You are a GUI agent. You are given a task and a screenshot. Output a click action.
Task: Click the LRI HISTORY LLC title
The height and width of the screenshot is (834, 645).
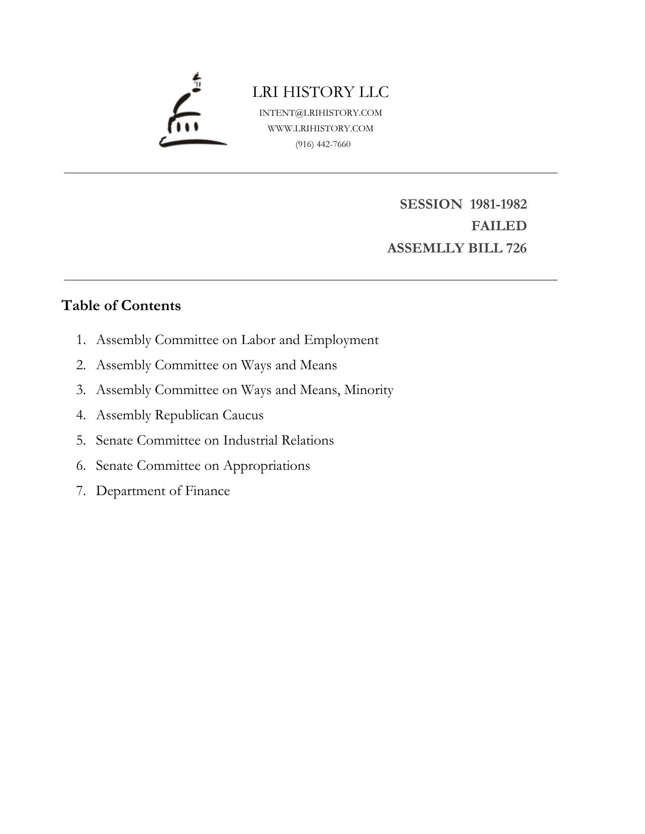[x=320, y=92]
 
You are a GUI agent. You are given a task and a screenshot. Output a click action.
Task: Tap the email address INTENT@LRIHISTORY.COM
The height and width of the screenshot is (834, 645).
[x=320, y=113]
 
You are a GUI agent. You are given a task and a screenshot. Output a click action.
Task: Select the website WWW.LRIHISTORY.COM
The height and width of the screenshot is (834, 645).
[x=320, y=128]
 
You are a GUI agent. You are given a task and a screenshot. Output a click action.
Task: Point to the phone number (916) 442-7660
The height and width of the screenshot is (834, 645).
[x=323, y=144]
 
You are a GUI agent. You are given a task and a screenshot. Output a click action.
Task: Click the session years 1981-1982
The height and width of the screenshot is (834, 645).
[x=498, y=204]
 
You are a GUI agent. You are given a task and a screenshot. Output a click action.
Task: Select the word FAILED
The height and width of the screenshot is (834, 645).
[x=499, y=226]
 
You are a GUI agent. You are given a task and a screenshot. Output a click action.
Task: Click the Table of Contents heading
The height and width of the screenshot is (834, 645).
[x=121, y=306]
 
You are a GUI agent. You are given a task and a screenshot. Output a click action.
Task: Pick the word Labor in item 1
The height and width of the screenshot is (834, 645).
[x=258, y=339]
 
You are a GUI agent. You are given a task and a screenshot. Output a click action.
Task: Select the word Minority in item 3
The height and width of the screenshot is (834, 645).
[x=368, y=390]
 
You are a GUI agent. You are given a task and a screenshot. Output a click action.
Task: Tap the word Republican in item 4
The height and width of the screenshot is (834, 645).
[x=187, y=415]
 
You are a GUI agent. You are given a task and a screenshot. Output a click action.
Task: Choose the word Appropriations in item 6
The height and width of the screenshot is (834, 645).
[x=266, y=466]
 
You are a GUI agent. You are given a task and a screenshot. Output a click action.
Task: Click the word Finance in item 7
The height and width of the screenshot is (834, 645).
[x=207, y=491]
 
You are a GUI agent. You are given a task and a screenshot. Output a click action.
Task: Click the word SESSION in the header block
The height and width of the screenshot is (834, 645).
[x=431, y=204]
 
